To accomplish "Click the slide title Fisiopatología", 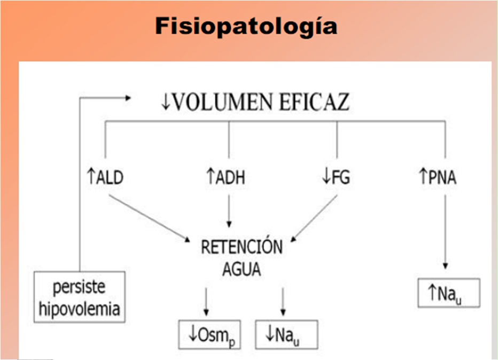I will click(246, 26).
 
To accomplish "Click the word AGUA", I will click(242, 269).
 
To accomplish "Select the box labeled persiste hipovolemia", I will click(80, 296).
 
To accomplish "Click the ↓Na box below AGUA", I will click(286, 335).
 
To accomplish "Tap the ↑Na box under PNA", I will click(448, 293).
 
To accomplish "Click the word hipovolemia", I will click(80, 308).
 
